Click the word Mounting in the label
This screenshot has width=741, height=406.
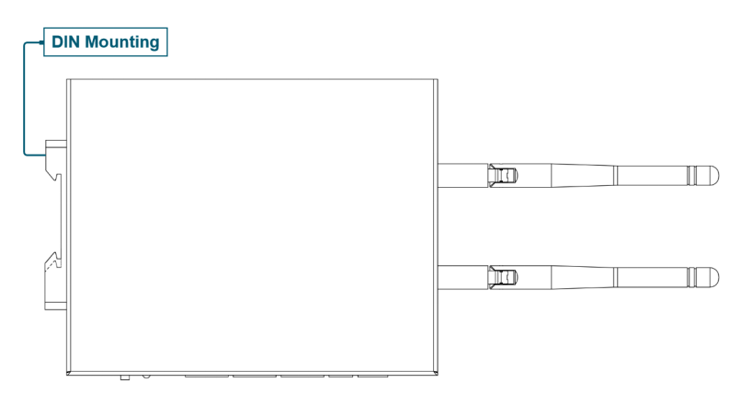pos(122,42)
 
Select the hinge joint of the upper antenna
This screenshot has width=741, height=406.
pos(504,176)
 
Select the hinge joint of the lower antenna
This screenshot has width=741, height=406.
pos(504,278)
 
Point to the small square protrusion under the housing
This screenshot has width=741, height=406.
pos(125,377)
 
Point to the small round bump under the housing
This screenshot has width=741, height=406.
pos(146,377)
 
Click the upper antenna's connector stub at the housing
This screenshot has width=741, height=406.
pos(462,176)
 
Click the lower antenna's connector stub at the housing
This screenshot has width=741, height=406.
pos(462,278)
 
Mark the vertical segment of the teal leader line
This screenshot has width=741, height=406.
pos(24,99)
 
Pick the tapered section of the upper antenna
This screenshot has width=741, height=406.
pos(582,176)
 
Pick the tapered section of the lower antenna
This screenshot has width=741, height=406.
pos(582,278)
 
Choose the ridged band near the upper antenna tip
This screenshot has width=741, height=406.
pos(692,175)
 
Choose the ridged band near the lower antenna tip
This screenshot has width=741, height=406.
pos(692,277)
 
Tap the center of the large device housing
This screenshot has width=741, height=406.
pos(252,227)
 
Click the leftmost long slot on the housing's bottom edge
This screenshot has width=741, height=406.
pos(208,377)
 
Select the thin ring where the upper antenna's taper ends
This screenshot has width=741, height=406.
pos(615,176)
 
